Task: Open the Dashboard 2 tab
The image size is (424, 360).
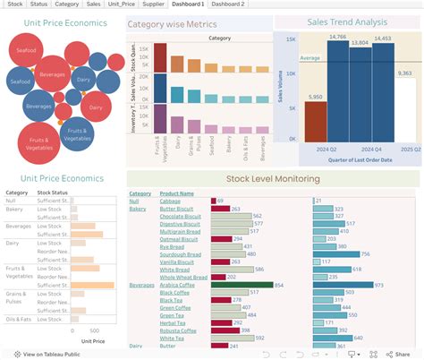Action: tap(229, 4)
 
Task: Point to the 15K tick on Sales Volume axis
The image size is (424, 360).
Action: tap(291, 39)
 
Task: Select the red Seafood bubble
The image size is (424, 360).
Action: tap(25, 50)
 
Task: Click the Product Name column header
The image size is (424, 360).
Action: tap(176, 193)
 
